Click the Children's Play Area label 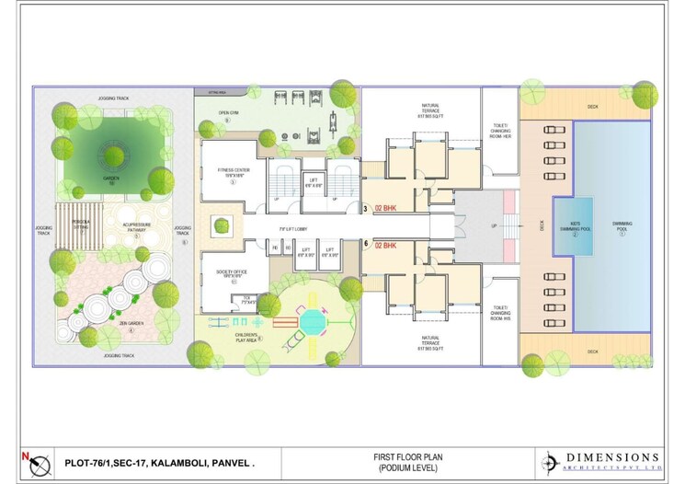pos(247,334)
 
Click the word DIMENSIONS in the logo pos(611,457)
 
